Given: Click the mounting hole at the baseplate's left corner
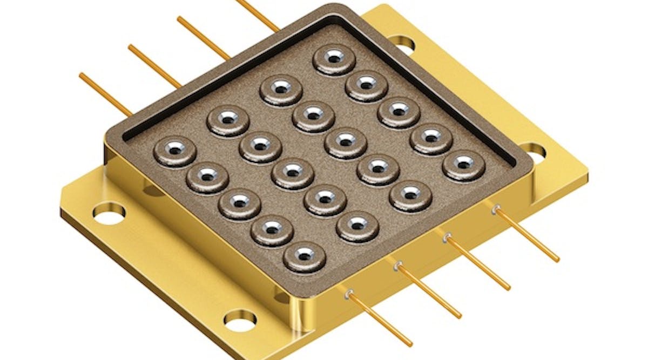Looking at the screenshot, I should pos(109,213).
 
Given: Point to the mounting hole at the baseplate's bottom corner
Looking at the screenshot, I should pos(240,319).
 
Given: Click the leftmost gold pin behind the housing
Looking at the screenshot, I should pos(105,93).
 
